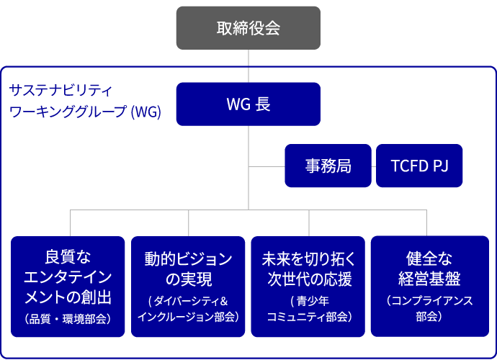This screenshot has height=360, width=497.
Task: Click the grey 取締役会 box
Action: [248, 28]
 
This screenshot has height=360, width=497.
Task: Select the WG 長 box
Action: [248, 104]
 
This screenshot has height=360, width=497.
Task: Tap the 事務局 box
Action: [328, 166]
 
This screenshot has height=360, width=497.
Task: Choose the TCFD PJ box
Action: [419, 166]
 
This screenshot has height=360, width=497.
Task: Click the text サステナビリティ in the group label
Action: [61, 91]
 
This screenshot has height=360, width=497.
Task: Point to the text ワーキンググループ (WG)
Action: [84, 112]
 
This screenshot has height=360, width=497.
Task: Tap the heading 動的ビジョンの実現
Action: [188, 268]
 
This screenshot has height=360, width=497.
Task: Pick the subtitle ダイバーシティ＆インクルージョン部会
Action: [188, 308]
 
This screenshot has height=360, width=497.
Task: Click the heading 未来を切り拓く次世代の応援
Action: [308, 268]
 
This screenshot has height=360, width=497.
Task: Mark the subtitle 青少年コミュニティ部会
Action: [308, 308]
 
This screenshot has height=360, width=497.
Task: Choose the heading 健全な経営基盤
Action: [429, 268]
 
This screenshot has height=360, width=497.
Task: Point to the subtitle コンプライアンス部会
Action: [429, 308]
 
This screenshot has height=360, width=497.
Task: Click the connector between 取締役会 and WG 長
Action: [248, 66]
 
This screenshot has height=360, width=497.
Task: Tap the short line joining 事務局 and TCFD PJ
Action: [374, 166]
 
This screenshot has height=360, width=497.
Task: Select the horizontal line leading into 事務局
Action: [267, 166]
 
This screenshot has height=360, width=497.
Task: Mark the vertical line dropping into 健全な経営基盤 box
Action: [427, 223]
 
